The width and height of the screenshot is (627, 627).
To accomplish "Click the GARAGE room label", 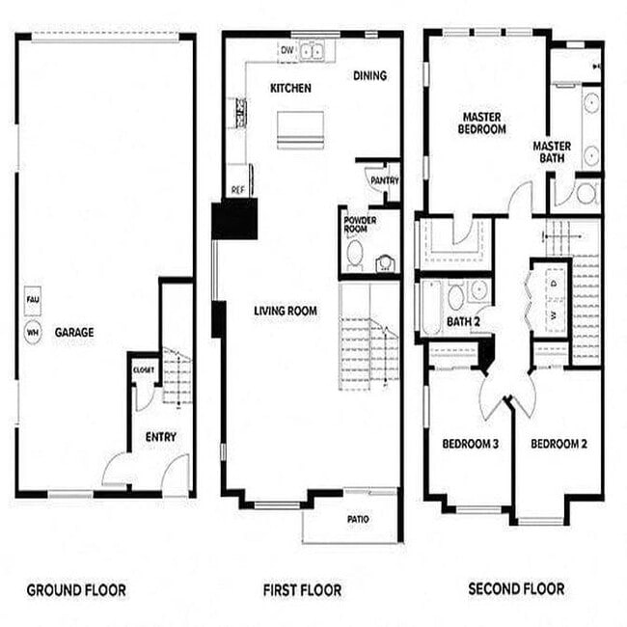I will [x=74, y=333].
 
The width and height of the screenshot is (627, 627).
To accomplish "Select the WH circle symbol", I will [x=32, y=333].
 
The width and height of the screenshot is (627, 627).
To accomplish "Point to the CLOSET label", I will [x=144, y=369].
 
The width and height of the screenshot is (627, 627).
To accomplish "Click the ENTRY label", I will [x=161, y=437].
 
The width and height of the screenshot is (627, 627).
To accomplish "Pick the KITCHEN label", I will [x=290, y=88].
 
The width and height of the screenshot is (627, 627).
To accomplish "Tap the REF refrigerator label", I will [x=236, y=191].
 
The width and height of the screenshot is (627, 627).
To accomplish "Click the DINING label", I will [x=369, y=75].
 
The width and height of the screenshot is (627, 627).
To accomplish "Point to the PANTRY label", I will [x=385, y=180].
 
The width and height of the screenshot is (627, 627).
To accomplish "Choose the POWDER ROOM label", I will [x=360, y=225].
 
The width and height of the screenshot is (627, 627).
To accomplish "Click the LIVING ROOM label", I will [x=286, y=311].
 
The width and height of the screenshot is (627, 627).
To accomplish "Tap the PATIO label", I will [x=358, y=519].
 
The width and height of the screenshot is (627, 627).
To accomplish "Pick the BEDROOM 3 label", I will [x=470, y=444].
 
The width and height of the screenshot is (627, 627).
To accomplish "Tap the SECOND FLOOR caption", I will [x=516, y=588].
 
